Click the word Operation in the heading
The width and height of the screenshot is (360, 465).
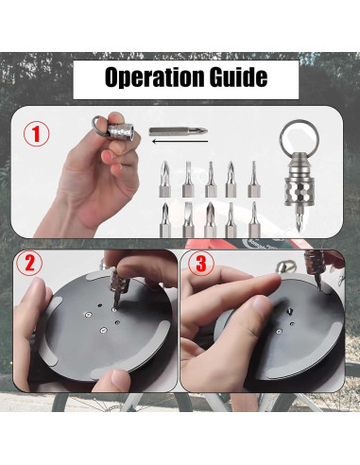155,77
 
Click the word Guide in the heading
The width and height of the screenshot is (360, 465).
239,77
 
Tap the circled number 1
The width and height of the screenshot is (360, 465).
37,133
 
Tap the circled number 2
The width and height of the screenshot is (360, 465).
29,263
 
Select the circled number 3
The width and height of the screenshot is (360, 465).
201,264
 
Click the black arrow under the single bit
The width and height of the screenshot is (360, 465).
180,141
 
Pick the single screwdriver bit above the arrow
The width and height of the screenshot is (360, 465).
179,131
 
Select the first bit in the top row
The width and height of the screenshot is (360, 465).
164,180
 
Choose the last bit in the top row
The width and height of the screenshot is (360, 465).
254,180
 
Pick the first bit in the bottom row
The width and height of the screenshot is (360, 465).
164,219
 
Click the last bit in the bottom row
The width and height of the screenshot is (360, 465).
254,219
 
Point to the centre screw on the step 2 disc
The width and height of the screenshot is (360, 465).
103,330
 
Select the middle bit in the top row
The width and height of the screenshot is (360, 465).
211,180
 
